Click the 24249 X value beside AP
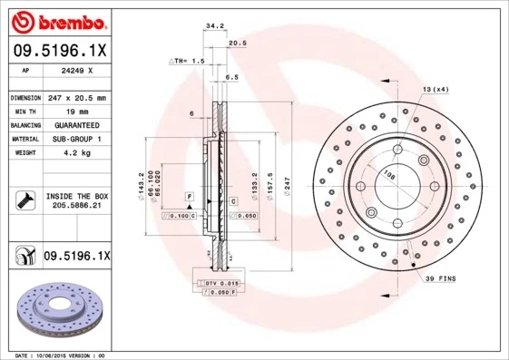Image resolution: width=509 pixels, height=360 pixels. (x=73, y=70)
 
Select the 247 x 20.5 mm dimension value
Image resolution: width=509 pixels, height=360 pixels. (x=77, y=97)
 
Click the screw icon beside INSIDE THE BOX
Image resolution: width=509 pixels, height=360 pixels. (x=23, y=199)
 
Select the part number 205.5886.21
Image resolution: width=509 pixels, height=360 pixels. (x=76, y=207)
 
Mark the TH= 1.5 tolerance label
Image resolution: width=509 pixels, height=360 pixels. (x=190, y=60)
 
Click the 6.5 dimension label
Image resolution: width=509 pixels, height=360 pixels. (x=231, y=78)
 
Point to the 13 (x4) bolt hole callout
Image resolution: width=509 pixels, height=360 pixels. (x=436, y=89)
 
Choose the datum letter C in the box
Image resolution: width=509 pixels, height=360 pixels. (x=232, y=200)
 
